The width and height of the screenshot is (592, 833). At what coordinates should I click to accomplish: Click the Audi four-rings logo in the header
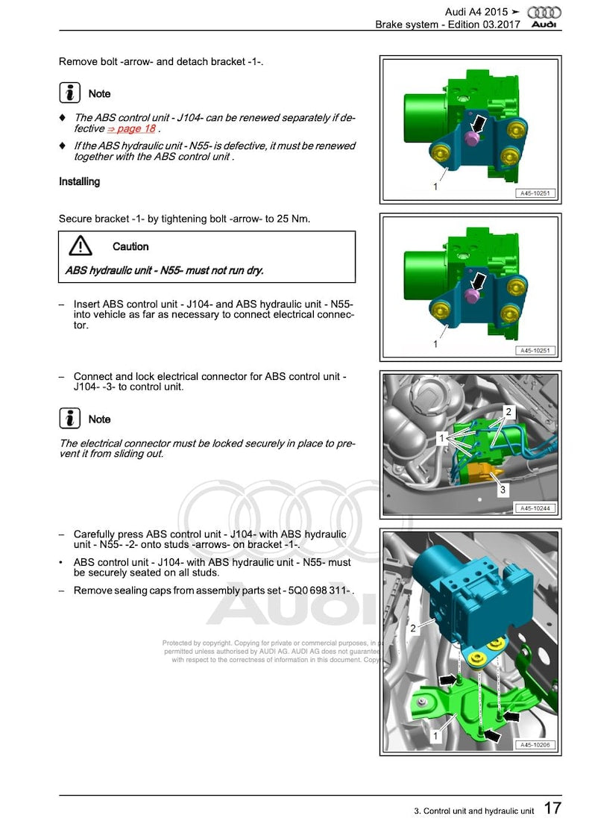(543, 12)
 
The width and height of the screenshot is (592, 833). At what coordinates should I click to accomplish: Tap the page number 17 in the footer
(552, 808)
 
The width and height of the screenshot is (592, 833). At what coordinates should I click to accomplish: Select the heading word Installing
(79, 181)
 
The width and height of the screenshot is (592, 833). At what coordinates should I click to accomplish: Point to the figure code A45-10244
(535, 508)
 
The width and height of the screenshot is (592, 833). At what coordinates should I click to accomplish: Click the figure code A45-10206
(535, 745)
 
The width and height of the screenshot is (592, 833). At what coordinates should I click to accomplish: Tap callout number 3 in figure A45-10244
(503, 490)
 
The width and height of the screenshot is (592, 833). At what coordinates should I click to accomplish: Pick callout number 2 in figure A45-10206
(413, 628)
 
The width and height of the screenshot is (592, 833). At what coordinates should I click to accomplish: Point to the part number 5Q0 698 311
(319, 590)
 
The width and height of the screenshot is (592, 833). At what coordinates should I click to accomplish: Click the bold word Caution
(130, 246)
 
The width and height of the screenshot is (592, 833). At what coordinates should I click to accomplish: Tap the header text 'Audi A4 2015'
(476, 12)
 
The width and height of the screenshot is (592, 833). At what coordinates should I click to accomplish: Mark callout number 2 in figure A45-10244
(508, 411)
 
